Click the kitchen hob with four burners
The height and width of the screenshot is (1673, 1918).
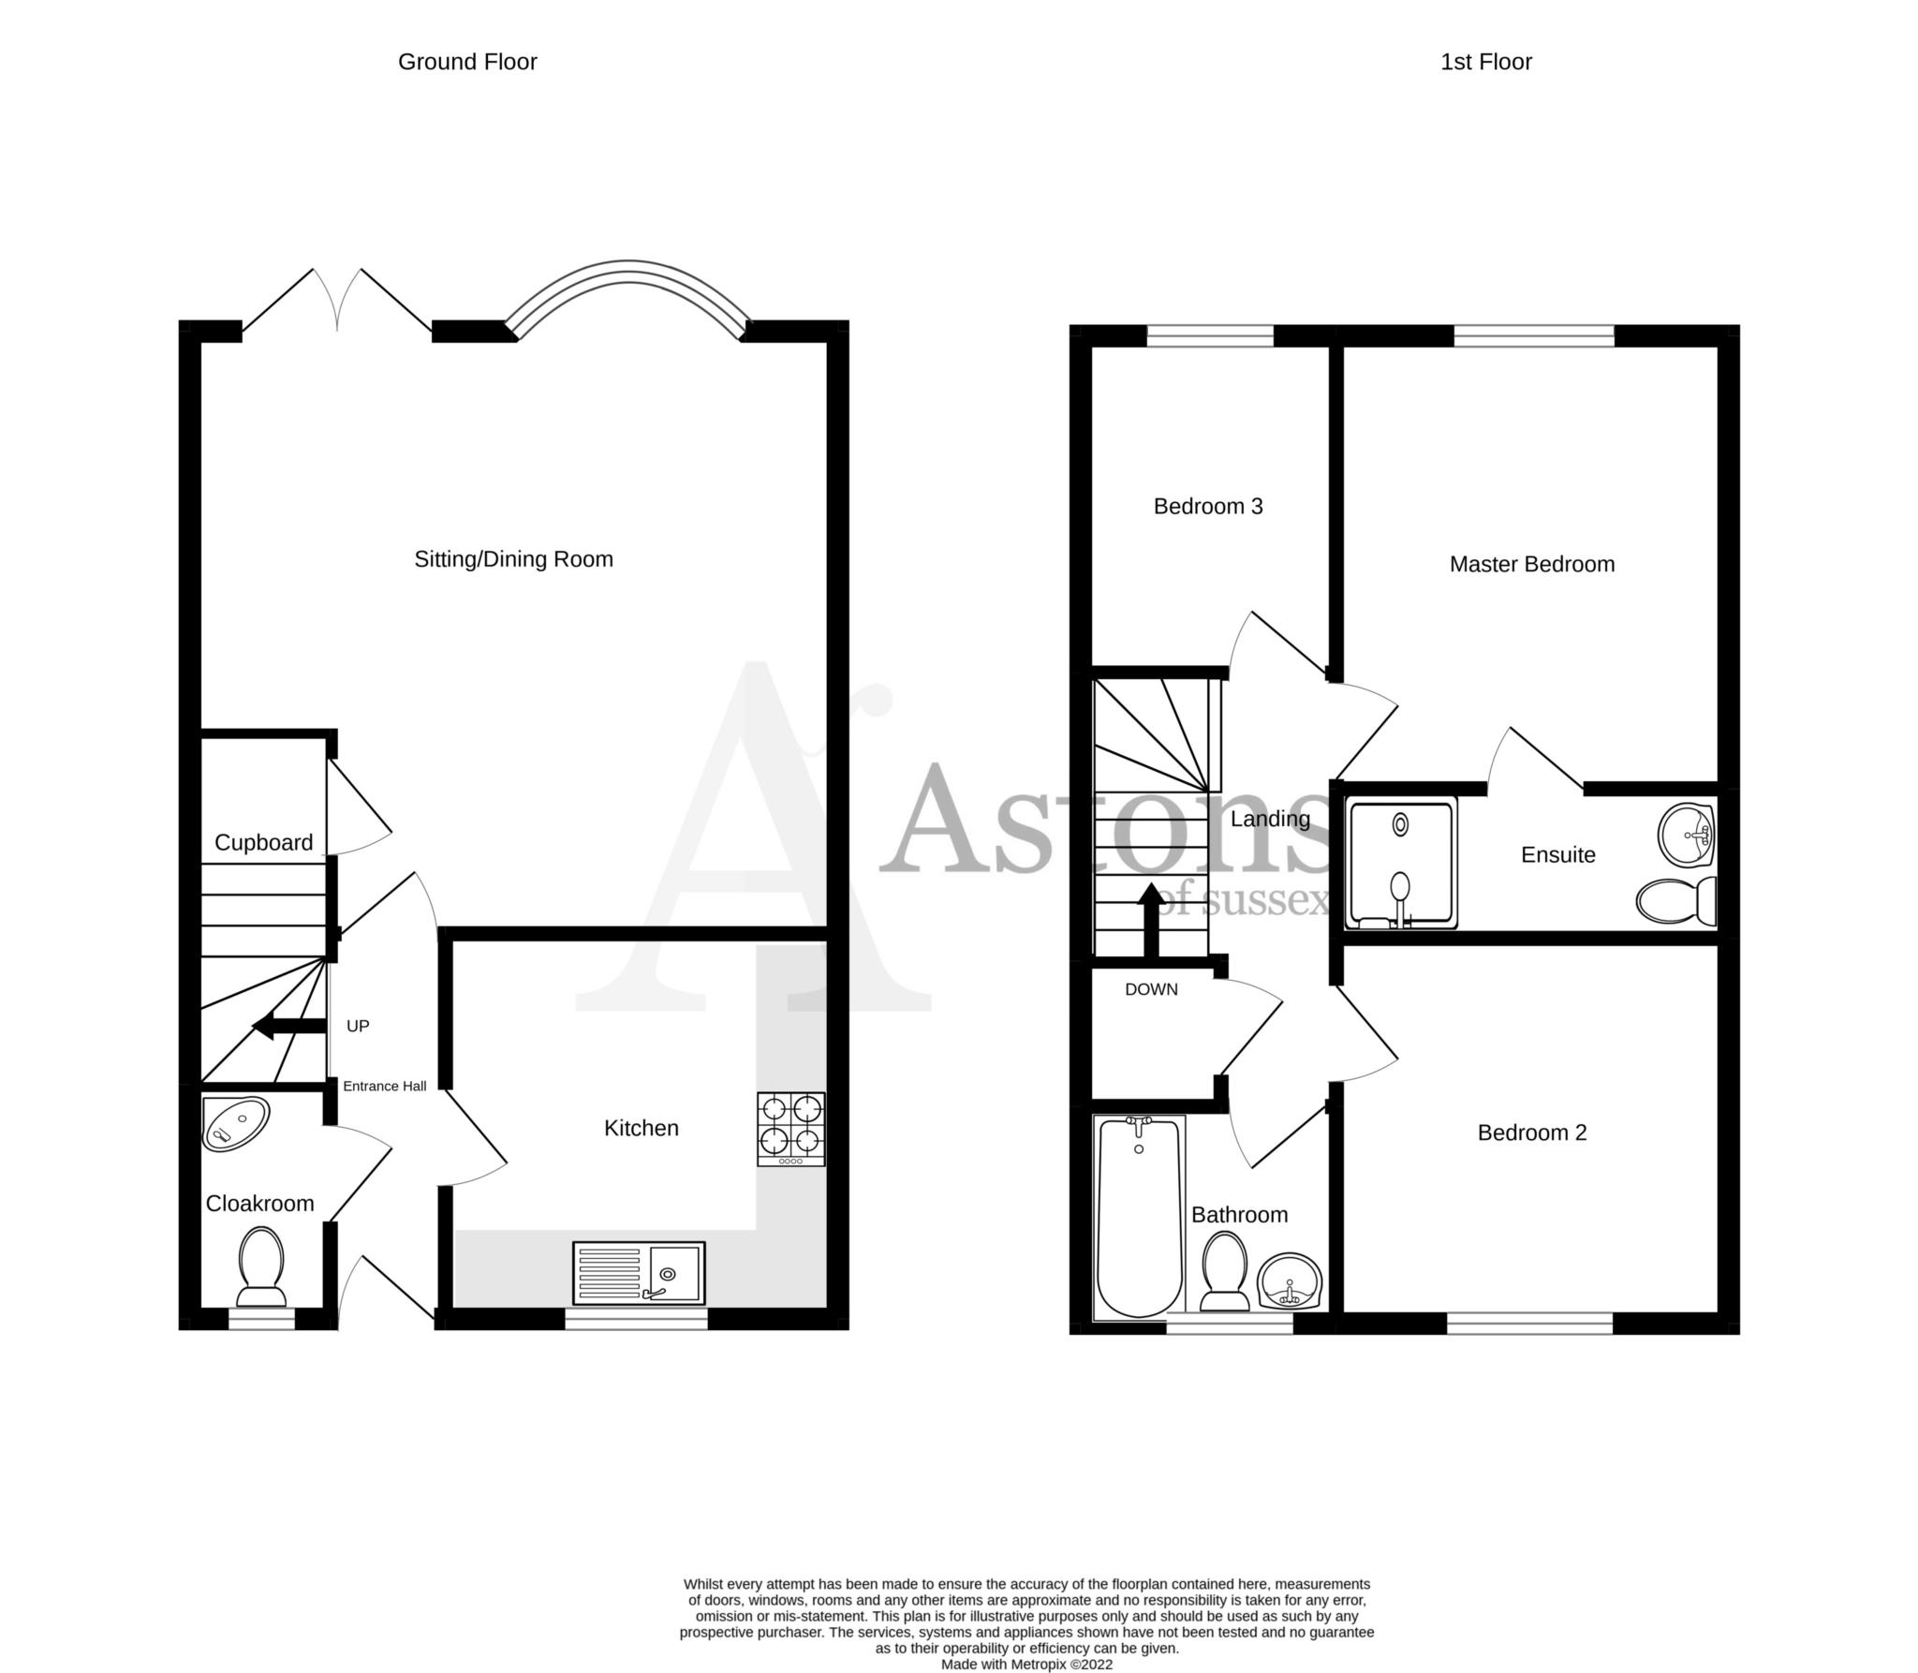(791, 1129)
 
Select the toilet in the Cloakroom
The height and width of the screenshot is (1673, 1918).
(261, 1267)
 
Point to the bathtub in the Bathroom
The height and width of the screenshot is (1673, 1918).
(1139, 1217)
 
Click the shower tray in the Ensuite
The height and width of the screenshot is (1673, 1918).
(1401, 864)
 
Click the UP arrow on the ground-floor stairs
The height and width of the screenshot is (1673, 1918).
(289, 1027)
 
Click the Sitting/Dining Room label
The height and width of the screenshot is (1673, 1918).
(513, 559)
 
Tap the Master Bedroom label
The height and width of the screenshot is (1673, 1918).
(1532, 564)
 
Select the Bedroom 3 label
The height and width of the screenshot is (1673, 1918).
(1208, 506)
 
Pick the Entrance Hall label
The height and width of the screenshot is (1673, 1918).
(384, 1086)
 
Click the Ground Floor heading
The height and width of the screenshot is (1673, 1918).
(467, 62)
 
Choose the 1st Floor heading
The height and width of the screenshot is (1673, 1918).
(1486, 62)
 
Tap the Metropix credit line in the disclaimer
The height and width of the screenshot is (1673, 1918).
(1026, 1665)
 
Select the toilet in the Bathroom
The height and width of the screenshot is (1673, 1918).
(1224, 1271)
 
